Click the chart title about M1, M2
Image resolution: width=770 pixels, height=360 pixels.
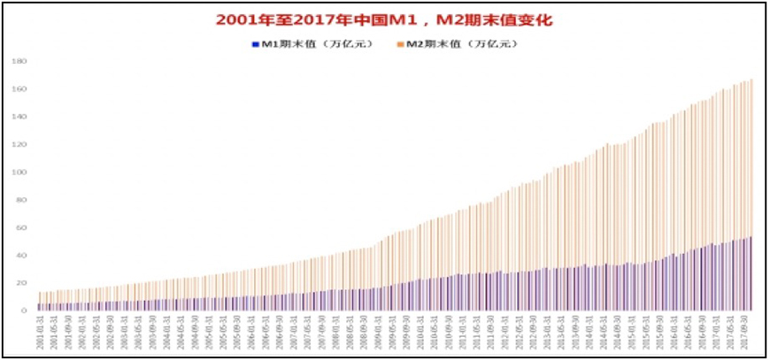[x=385, y=19]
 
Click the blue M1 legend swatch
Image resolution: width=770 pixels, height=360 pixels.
[x=255, y=42]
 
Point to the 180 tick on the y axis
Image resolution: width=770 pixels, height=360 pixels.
[x=20, y=62]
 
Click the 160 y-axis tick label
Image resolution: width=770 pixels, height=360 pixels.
[x=20, y=89]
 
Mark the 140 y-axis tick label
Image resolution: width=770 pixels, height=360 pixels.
[x=20, y=117]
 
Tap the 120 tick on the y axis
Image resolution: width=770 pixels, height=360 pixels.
[x=20, y=144]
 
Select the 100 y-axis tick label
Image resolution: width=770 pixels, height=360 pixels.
[x=20, y=172]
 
